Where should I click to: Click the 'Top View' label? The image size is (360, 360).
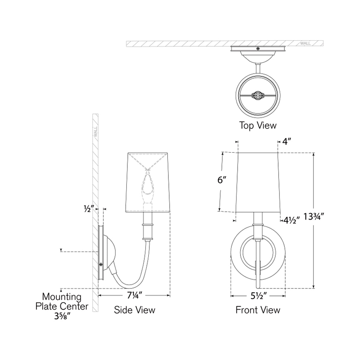(x=258, y=125)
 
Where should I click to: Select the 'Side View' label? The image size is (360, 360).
(x=134, y=310)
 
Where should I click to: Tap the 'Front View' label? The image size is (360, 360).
(x=258, y=310)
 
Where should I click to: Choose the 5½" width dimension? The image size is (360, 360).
(x=258, y=296)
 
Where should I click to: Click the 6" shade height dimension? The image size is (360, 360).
(x=222, y=180)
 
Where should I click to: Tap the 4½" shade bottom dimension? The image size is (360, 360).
(x=292, y=220)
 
